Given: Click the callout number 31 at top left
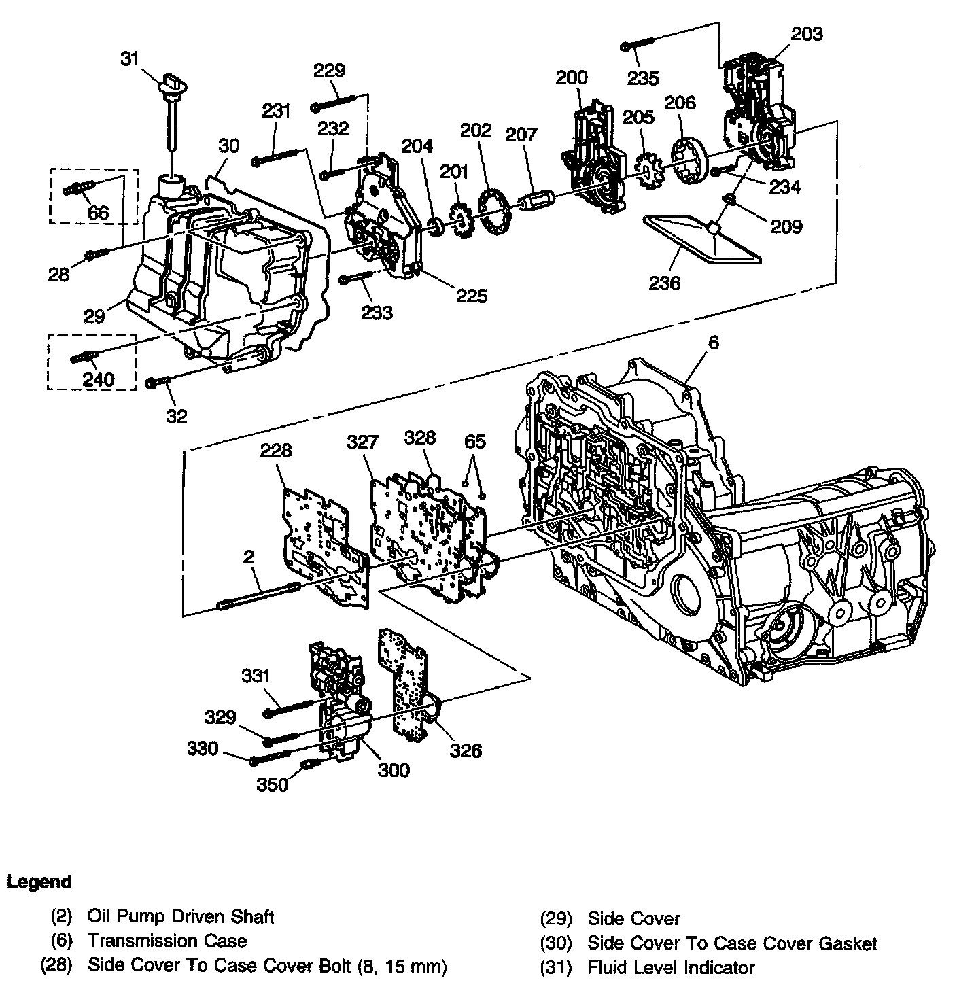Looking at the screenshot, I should (130, 59).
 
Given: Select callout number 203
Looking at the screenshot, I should (806, 33).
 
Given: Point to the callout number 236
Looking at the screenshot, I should (664, 282).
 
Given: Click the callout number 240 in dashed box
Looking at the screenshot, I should (99, 379).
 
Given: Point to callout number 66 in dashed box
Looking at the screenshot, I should (98, 213).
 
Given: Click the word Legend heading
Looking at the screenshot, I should (39, 882).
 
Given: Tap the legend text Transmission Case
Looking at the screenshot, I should (167, 941).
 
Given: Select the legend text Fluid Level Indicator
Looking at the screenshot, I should (671, 967).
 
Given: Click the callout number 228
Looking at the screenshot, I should (276, 451).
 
